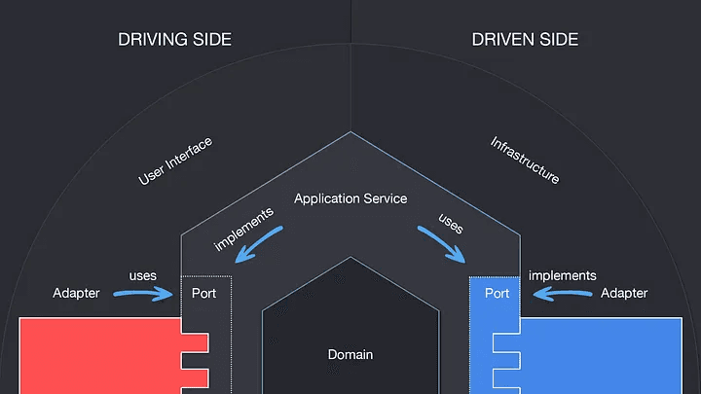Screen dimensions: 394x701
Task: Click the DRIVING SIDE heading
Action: click(175, 40)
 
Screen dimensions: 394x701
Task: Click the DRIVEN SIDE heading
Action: click(525, 40)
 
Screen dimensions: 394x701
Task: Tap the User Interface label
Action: click(175, 161)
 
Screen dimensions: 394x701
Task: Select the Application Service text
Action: click(350, 198)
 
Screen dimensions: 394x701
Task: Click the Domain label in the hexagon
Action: click(350, 355)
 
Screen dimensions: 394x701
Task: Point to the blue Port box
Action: click(497, 294)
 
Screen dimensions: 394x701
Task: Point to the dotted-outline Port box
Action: click(205, 294)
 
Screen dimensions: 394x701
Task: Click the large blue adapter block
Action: click(604, 355)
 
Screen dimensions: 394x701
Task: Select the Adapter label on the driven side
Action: click(624, 293)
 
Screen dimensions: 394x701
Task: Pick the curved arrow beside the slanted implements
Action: click(262, 246)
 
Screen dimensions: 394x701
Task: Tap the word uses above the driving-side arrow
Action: click(143, 275)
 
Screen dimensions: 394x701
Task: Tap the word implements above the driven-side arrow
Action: click(562, 275)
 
